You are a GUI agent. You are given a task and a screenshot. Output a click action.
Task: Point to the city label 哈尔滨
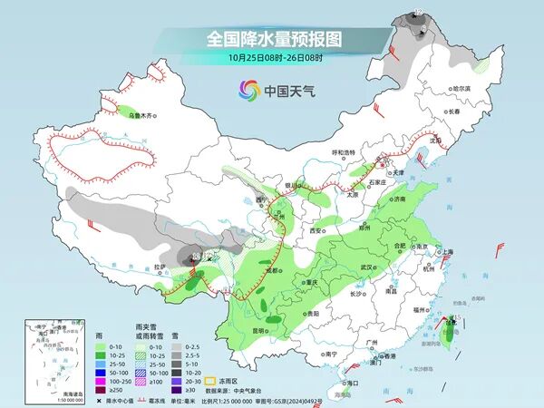point(462,88)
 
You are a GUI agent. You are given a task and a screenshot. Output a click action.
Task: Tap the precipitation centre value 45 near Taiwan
point(457,317)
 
